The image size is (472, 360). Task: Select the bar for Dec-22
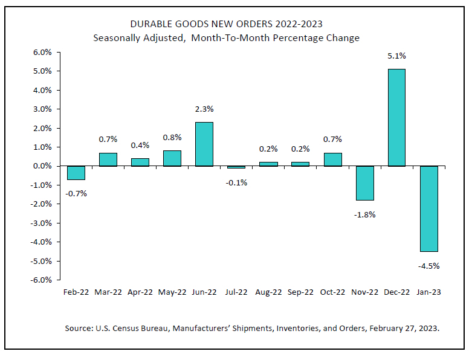[x=396, y=117]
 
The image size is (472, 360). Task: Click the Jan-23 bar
[x=428, y=208]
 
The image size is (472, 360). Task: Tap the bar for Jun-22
[x=204, y=144]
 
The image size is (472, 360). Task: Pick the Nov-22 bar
[x=364, y=183]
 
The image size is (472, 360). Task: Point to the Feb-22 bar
[x=76, y=173]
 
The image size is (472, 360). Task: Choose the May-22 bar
[x=172, y=158]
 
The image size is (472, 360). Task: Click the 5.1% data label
[x=396, y=56]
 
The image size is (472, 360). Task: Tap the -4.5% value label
[x=428, y=265]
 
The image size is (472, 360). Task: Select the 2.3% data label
[x=204, y=109]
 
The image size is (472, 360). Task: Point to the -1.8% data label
[x=364, y=214]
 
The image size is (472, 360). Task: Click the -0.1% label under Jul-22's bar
[x=236, y=182]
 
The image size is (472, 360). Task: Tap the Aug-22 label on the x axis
[x=268, y=292]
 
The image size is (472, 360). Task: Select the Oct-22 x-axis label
[x=332, y=292]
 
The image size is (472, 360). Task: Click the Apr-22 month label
[x=140, y=292]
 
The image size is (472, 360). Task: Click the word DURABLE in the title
[x=151, y=24]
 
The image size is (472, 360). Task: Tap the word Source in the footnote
[x=79, y=329]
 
